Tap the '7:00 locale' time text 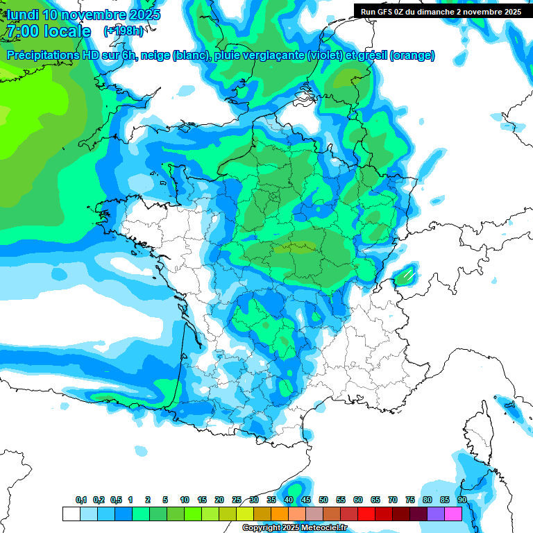click(x=48, y=31)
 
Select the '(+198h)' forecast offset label click(x=124, y=31)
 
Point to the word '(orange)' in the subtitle click(x=412, y=56)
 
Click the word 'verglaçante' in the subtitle click(x=269, y=56)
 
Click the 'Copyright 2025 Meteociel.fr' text click(x=294, y=528)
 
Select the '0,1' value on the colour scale click(x=81, y=500)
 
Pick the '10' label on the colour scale click(x=185, y=500)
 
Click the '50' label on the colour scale click(x=323, y=500)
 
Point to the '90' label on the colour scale click(x=462, y=500)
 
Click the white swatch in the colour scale click(x=71, y=514)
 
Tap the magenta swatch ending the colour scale click(x=453, y=514)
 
